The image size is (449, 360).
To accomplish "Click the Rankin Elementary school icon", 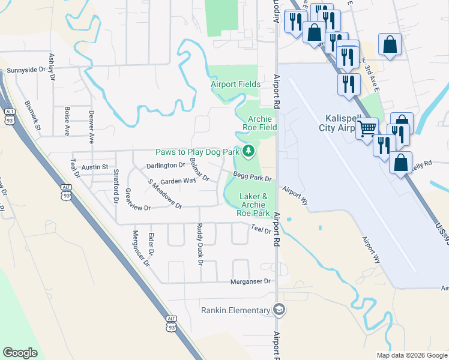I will click(279, 310).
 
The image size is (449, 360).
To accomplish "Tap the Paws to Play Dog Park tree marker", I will click(247, 150).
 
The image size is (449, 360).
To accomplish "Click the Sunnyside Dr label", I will click(26, 70).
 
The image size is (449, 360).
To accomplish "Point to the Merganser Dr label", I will click(251, 281).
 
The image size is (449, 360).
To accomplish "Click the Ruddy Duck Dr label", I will click(199, 244).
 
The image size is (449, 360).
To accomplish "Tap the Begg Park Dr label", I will click(253, 178).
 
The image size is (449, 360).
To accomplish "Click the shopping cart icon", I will click(367, 128).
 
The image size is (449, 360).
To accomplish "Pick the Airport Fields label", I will click(235, 85).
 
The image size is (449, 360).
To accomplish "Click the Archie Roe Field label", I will click(259, 123).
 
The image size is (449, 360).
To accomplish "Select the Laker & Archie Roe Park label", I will click(253, 205).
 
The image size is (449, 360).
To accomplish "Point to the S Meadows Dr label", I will click(165, 193).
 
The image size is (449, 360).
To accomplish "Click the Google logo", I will click(20, 353).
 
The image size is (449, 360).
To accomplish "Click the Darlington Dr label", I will click(166, 165).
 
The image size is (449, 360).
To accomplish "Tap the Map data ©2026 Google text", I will click(412, 355).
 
